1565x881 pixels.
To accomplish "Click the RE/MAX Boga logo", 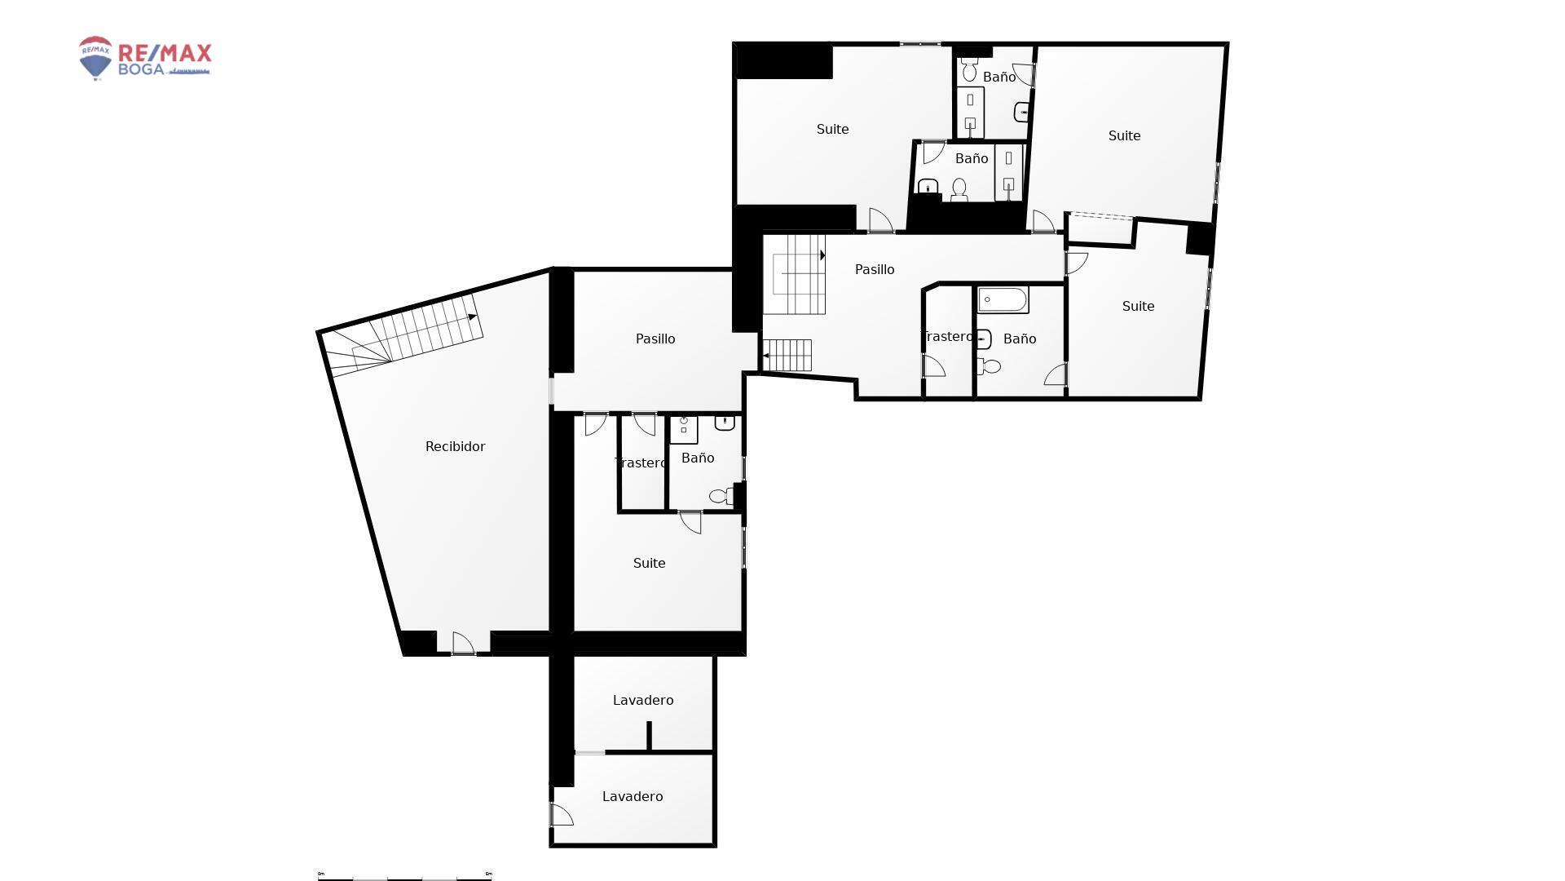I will (x=144, y=58).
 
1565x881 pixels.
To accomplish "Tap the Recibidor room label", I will (x=455, y=446).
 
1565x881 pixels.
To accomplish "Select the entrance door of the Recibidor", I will (x=463, y=644).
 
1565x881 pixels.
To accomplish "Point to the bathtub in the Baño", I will (x=1003, y=299).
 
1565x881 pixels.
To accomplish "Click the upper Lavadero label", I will (x=642, y=700).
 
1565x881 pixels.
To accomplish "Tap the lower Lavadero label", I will (x=632, y=796).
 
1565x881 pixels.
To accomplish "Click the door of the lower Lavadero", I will (x=561, y=815).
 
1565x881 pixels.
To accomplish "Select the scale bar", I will (x=404, y=875).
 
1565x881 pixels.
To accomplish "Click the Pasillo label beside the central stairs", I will (x=874, y=269).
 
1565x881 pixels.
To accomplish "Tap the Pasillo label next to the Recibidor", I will (x=655, y=339).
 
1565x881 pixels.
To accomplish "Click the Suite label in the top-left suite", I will (x=832, y=129).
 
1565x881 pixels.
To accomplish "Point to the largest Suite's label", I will (x=1123, y=135).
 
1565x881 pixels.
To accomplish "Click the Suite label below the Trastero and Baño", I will (x=649, y=563).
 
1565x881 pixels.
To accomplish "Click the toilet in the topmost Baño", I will (x=969, y=72).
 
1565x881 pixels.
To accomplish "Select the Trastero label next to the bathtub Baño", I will (x=946, y=336).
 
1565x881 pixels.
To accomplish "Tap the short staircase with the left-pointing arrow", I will (x=787, y=355).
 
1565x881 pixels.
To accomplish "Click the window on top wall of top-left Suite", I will (x=919, y=44).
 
